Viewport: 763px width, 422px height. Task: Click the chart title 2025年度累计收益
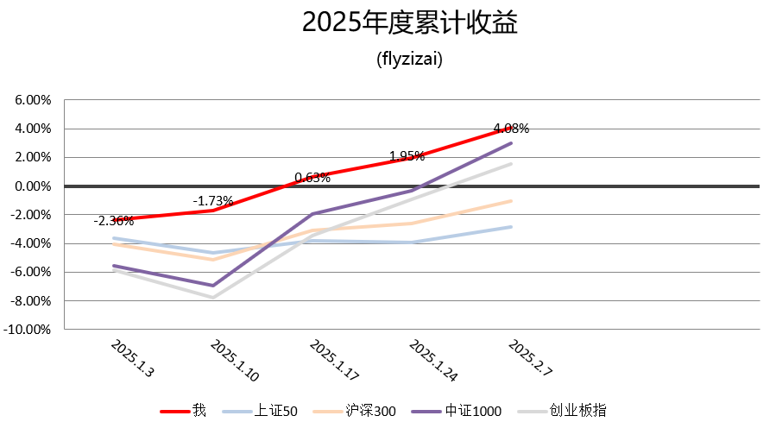[x=410, y=23]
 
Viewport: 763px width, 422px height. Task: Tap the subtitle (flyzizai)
[x=410, y=60]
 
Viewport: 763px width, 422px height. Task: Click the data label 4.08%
[x=511, y=129]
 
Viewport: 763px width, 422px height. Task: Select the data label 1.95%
[x=407, y=156]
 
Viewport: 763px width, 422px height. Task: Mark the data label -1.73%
[x=212, y=201]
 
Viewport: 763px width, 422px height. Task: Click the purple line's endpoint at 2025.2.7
[x=511, y=143]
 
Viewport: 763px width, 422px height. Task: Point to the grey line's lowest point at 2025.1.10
[x=212, y=298]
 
